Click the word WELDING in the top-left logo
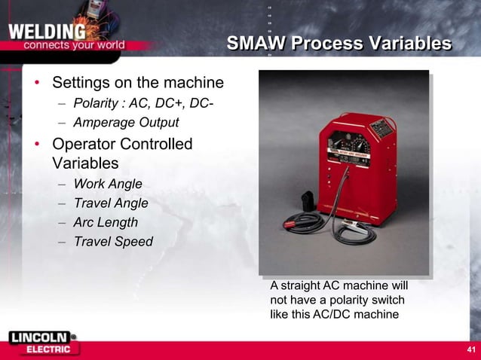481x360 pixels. (47, 32)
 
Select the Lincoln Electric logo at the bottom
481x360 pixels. (41, 343)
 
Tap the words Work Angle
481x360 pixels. (108, 184)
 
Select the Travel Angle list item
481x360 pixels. (110, 203)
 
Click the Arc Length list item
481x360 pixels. (106, 222)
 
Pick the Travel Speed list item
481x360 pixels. (113, 242)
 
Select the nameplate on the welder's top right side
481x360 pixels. (383, 130)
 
